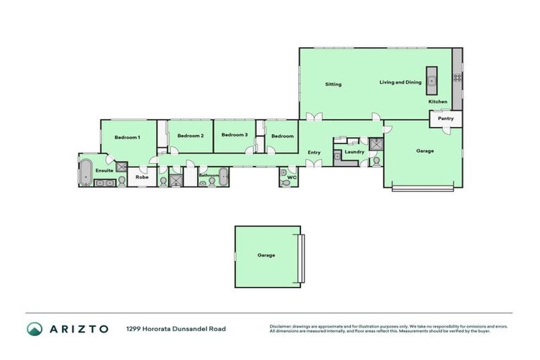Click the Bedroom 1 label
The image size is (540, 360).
coord(127,137)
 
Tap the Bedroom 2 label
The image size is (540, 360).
coord(190,136)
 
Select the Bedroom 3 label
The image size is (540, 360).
coord(234,135)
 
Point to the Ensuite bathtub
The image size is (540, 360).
coord(85,171)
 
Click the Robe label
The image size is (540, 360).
coord(142,177)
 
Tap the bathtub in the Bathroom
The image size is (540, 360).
coord(223,176)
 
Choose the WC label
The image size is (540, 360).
coord(292,178)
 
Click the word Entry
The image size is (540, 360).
coord(314,153)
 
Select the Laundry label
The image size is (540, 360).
coord(354,152)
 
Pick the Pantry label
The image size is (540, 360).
coord(446,119)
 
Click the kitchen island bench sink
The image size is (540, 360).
coord(432,82)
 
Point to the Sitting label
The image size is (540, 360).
coord(333,84)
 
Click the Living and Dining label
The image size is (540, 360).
coord(400,82)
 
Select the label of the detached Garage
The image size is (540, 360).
coord(266,255)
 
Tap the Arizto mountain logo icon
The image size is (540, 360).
coord(35,328)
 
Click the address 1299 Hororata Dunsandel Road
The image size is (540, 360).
coord(176,328)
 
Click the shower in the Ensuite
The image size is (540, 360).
coord(122,167)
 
